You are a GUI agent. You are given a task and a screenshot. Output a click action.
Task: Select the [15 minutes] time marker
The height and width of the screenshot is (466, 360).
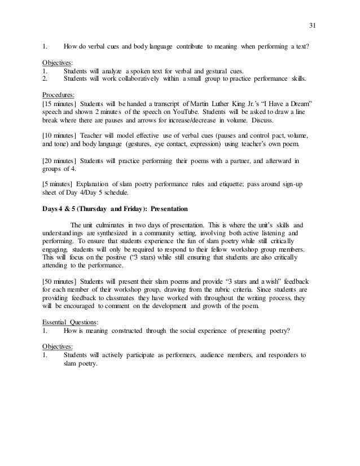[59, 105]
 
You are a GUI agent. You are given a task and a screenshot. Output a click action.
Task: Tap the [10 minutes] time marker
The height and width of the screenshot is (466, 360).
[59, 136]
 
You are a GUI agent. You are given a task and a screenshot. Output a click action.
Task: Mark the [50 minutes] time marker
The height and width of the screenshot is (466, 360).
[59, 280]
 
